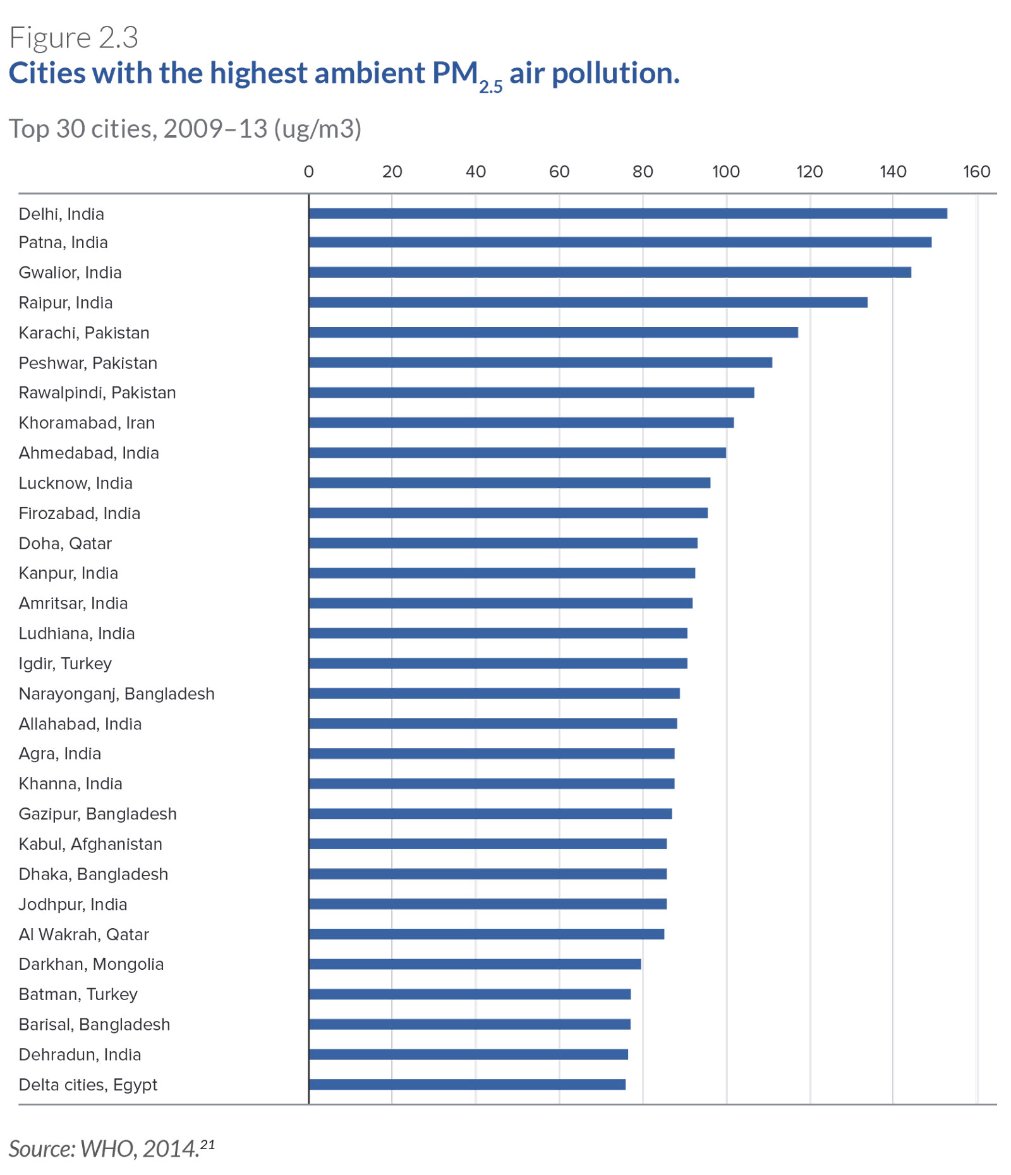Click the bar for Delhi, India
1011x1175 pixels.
(627, 213)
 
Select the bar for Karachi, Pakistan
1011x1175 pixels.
(553, 333)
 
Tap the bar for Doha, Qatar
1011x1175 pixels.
(503, 543)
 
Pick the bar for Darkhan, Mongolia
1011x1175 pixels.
(475, 964)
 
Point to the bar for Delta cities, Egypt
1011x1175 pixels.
(467, 1085)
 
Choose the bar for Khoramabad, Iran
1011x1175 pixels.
(521, 422)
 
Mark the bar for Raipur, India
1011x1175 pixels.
(588, 302)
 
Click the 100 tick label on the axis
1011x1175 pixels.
(725, 172)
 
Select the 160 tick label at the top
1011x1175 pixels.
(976, 172)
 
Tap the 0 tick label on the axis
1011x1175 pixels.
(308, 172)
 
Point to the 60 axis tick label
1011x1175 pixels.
(559, 172)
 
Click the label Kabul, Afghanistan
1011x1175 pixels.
(90, 844)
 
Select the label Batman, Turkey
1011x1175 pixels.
(78, 994)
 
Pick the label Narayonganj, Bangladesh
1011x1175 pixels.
(116, 694)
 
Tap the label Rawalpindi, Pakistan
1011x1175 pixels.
(97, 393)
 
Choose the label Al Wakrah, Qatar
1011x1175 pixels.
(83, 934)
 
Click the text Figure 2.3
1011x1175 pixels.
(73, 38)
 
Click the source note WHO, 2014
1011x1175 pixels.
(111, 1148)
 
